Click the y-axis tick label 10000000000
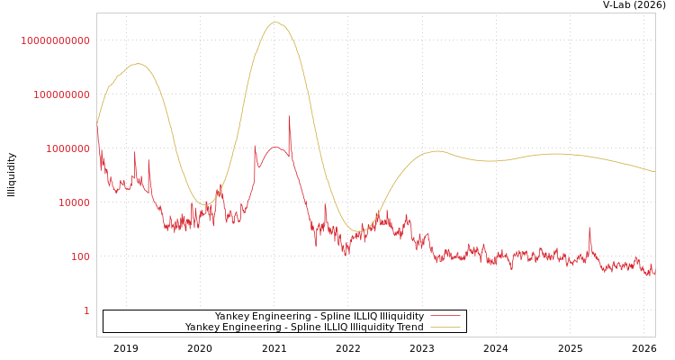tap(56, 40)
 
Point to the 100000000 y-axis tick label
tap(56, 94)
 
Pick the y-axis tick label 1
tap(86, 310)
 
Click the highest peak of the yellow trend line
tap(275, 22)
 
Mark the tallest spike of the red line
tap(289, 116)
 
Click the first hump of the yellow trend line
tap(137, 64)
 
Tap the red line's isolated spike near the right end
tap(589, 228)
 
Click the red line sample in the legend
tap(445, 317)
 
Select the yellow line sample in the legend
tap(445, 328)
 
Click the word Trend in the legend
tap(409, 328)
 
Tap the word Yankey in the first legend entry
tap(232, 317)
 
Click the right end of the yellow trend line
tap(654, 172)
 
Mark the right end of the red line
tap(654, 273)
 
